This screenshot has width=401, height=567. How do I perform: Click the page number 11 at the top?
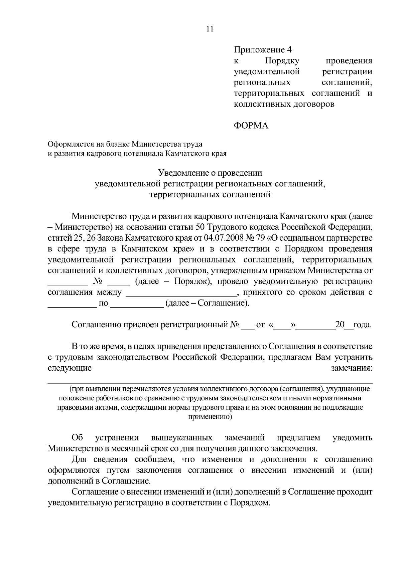(210, 29)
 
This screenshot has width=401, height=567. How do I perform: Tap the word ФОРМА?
(251, 126)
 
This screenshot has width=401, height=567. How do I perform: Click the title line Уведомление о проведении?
(210, 173)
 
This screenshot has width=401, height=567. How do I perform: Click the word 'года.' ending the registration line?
(362, 325)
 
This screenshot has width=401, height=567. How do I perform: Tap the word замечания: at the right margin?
(352, 368)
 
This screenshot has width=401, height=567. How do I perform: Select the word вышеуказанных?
(181, 437)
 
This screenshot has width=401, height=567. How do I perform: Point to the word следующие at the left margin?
(70, 368)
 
